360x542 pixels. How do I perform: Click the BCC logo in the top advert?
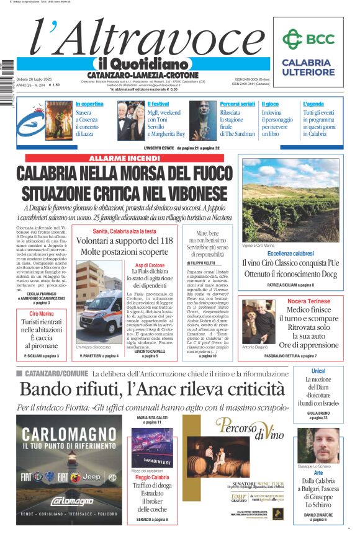(308, 39)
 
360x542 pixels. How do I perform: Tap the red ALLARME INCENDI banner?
(125, 158)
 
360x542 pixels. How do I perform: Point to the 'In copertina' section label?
(89, 104)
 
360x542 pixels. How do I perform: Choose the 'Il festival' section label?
(158, 104)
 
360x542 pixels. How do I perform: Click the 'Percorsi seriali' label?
(237, 104)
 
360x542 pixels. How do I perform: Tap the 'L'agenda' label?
(313, 104)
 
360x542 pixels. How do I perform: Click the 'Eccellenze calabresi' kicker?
(290, 254)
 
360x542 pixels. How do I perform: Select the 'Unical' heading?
(318, 371)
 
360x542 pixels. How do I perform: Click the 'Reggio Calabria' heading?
(152, 478)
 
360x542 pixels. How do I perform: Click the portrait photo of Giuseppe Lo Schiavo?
(319, 445)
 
